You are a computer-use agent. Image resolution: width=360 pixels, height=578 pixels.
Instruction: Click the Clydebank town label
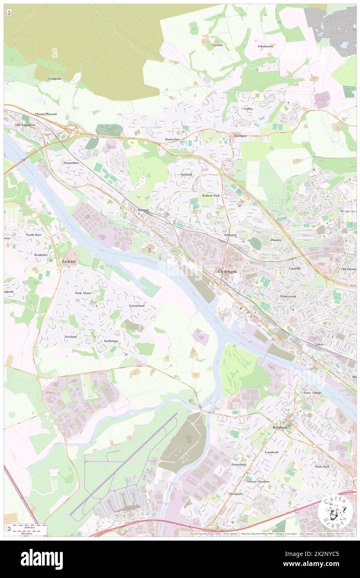[228, 272]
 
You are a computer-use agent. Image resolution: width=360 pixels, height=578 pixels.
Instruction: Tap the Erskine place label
[69, 261]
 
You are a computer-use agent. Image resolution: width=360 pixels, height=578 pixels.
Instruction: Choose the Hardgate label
[240, 136]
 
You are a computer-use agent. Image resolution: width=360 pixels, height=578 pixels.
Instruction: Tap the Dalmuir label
[143, 210]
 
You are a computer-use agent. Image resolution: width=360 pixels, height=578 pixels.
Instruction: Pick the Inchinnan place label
[111, 341]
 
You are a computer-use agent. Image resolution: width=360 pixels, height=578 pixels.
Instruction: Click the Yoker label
[319, 345]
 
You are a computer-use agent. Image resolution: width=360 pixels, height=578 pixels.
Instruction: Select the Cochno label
[217, 44]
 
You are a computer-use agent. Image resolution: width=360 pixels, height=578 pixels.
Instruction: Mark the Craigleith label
[54, 79]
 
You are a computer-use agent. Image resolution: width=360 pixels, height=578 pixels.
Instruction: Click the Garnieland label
[137, 306]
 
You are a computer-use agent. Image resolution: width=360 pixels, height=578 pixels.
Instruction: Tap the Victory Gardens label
[258, 482]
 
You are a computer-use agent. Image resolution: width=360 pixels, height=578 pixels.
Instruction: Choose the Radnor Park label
[210, 195]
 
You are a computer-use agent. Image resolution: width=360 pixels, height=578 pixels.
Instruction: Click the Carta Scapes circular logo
[332, 511]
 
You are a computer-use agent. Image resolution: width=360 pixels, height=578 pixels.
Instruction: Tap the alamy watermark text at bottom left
[42, 559]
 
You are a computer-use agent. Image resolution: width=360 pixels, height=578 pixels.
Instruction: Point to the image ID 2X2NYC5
[329, 564]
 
